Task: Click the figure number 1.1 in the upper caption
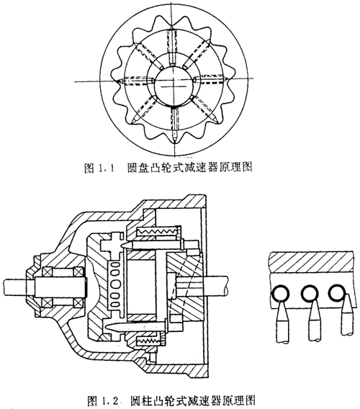coord(107,168)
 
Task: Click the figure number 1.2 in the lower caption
coord(110,400)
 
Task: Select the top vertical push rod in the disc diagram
coord(172,45)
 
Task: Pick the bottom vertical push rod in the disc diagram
coord(175,125)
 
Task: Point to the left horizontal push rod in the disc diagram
coord(135,81)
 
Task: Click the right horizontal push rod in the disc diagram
coord(210,80)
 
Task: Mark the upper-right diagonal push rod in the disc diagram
coord(197,55)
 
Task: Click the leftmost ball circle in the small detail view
coord(280,293)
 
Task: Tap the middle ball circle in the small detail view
coord(310,292)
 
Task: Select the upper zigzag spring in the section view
coord(159,230)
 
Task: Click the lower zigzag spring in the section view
coord(148,340)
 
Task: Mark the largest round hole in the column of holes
coord(117,284)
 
